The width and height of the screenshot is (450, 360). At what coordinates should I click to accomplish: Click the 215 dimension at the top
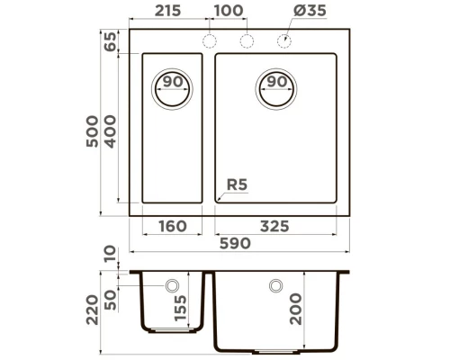tap(167, 11)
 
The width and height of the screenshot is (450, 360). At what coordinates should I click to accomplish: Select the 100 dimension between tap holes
tap(229, 11)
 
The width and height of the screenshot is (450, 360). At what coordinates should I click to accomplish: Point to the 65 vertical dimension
tap(110, 41)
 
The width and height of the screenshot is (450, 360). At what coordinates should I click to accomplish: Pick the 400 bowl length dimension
tap(110, 132)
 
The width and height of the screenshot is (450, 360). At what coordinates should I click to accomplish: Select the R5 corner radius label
tap(236, 185)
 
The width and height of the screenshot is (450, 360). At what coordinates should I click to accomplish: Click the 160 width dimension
tap(172, 227)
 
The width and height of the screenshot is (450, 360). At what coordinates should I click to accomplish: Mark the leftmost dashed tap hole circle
tap(211, 41)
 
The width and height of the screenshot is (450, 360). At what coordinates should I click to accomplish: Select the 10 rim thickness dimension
tap(110, 256)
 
